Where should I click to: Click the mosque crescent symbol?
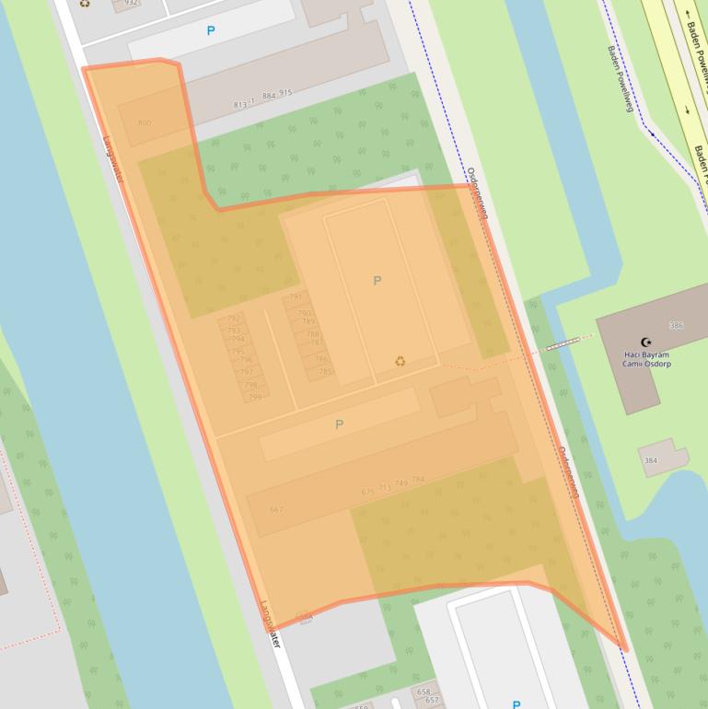645,343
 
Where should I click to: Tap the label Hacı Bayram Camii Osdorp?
644,360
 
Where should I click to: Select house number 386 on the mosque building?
677,326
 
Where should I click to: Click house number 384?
651,460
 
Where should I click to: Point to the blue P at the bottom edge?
516,704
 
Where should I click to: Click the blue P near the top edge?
211,31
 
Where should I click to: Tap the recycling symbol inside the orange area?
400,361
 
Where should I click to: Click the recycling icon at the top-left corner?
85,4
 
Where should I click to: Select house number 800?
144,122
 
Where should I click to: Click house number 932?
132,3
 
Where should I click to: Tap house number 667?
277,509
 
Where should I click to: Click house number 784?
418,481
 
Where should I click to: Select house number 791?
296,297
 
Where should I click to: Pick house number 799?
255,397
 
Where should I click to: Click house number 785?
325,372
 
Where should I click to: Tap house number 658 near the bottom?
424,692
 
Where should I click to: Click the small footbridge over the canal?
563,344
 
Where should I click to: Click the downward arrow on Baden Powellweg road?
688,110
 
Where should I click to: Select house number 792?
232,320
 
